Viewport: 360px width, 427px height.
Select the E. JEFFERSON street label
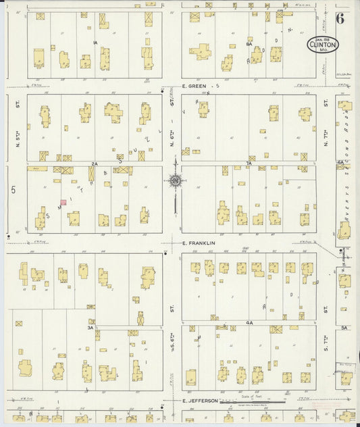coord(201,401)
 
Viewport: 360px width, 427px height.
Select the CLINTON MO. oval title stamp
coord(323,45)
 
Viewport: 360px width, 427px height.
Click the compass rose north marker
coord(175,180)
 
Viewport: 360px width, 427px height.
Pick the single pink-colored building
coord(63,202)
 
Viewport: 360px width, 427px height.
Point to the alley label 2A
coord(95,164)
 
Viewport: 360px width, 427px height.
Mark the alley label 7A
coord(249,164)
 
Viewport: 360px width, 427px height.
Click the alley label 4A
coord(249,323)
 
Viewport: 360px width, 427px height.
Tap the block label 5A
coord(344,328)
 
